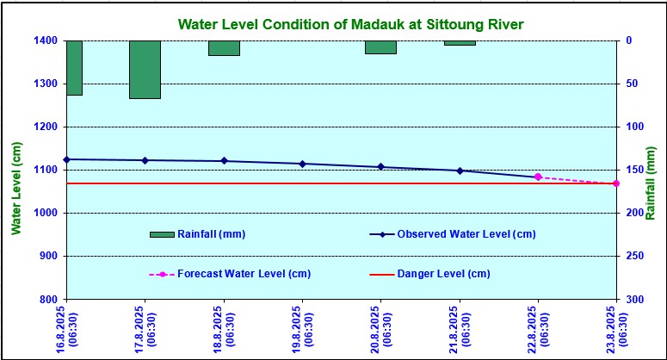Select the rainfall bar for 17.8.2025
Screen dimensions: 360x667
tap(145, 70)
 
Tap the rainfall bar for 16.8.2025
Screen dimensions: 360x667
tap(73, 67)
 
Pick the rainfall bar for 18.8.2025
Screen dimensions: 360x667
tap(224, 48)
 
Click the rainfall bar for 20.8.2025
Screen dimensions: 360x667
tap(380, 47)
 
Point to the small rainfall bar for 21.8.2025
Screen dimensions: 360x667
tap(460, 43)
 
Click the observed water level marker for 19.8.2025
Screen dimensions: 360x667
tap(302, 164)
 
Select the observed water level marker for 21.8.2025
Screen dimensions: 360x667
tap(460, 171)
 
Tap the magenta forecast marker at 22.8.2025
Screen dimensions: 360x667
tap(538, 177)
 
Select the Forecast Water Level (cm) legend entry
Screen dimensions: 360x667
tap(230, 274)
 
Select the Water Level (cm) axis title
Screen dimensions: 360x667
tap(16, 188)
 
